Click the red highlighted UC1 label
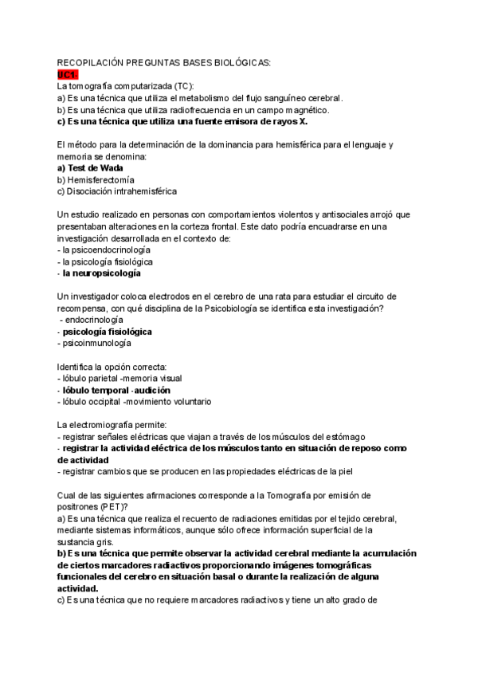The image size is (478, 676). pos(69,73)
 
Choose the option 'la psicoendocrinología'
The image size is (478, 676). pos(104,250)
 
